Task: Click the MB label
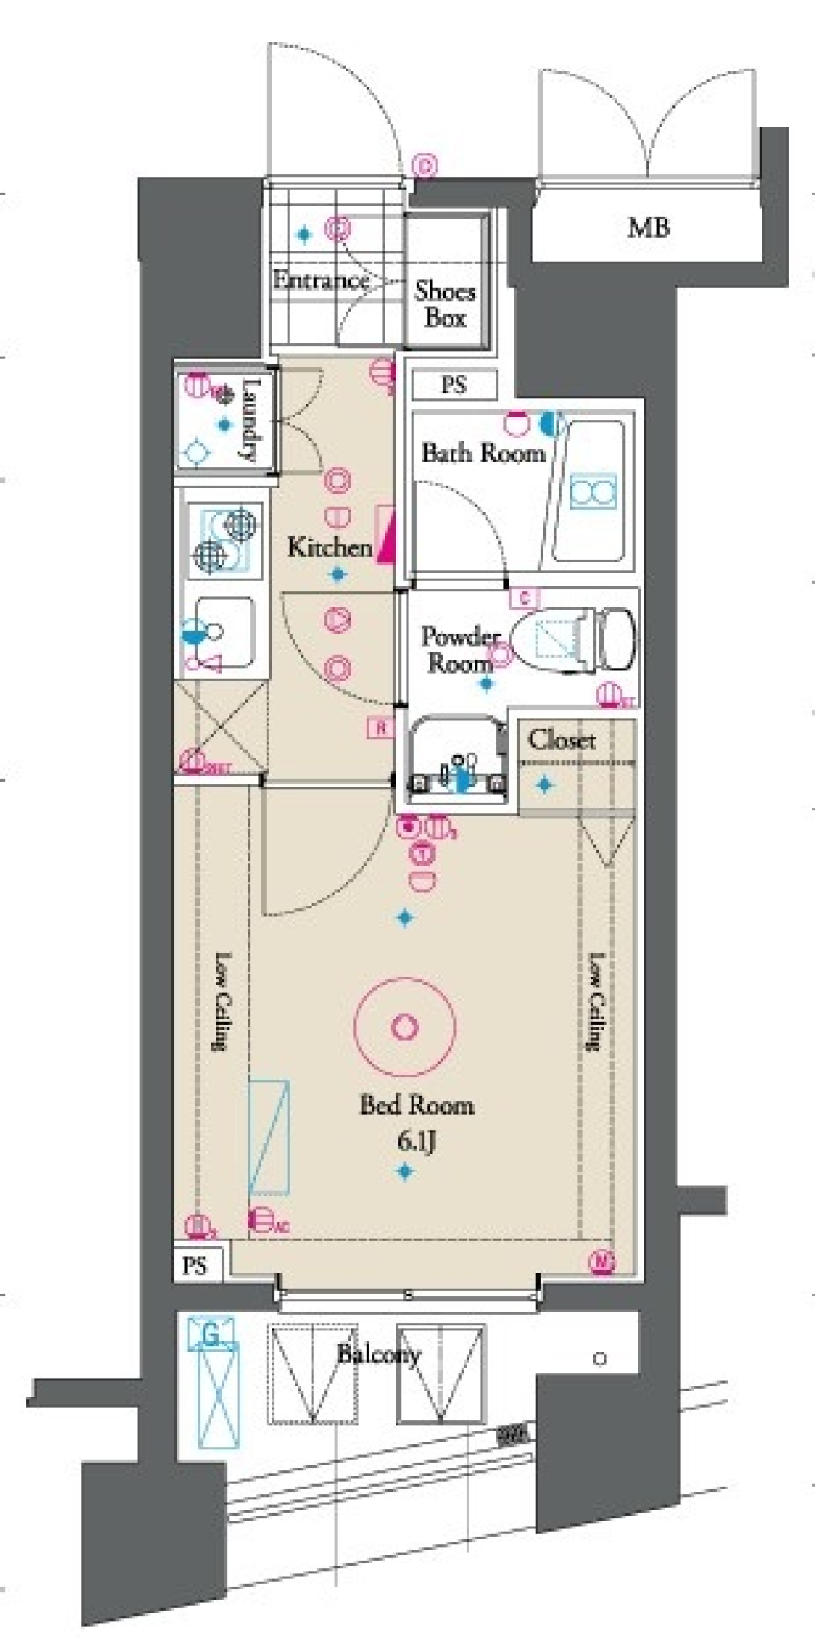coord(649,228)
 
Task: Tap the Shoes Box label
coord(445,304)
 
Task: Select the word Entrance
coord(321,279)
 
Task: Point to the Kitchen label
coord(329,546)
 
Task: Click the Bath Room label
coord(483,453)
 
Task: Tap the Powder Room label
coord(459,649)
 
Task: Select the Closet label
coord(561,740)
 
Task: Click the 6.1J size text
coord(416,1141)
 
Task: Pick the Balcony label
coord(379,1353)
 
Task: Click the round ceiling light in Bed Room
coord(404,1026)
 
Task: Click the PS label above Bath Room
coord(453,385)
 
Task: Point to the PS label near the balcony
coord(194,1266)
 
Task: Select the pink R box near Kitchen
coord(381,728)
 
